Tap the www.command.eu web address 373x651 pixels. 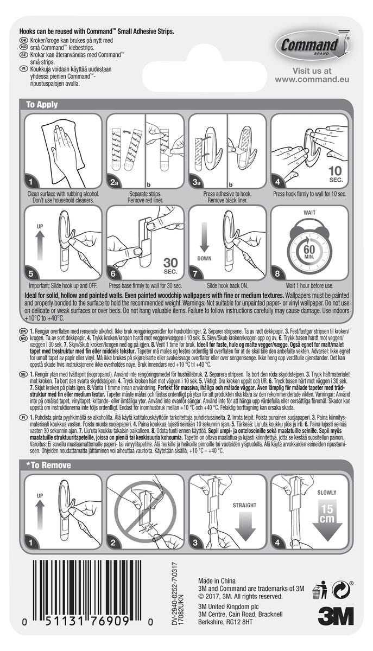coord(311,79)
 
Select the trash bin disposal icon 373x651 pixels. coord(320,590)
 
